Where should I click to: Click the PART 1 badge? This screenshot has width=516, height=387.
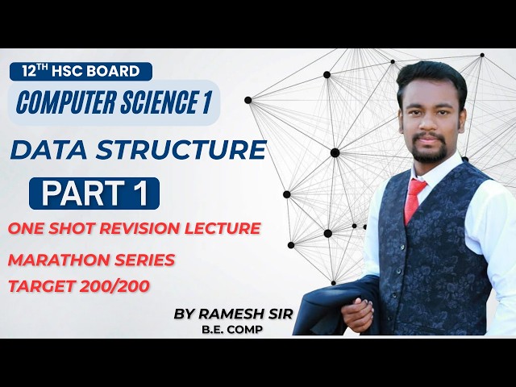94,193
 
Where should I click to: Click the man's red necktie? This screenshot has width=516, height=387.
414,198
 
